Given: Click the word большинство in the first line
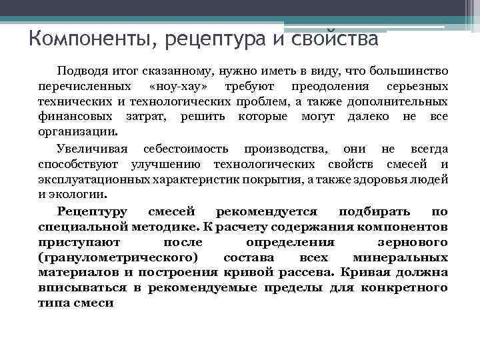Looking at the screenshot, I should [x=409, y=71].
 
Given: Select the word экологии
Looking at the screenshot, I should [x=79, y=194].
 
